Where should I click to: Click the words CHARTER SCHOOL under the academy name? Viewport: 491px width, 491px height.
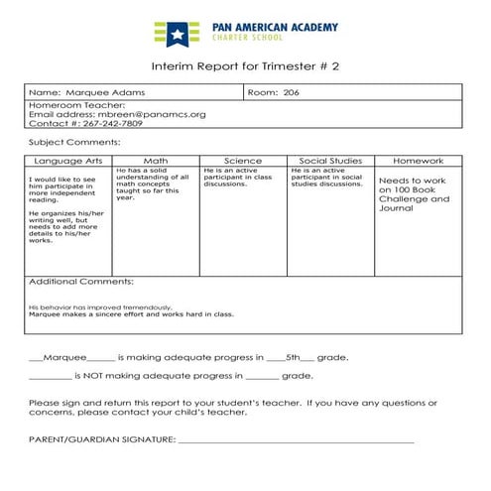(248, 38)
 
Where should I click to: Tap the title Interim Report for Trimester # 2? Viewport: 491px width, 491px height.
(245, 65)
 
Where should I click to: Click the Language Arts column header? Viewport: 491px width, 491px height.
(68, 160)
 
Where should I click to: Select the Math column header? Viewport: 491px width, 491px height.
(156, 160)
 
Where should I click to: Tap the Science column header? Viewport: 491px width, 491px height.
(243, 160)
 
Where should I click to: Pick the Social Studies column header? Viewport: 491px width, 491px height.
(330, 160)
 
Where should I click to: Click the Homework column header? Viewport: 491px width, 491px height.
(418, 160)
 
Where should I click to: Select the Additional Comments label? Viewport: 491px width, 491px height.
(81, 282)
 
